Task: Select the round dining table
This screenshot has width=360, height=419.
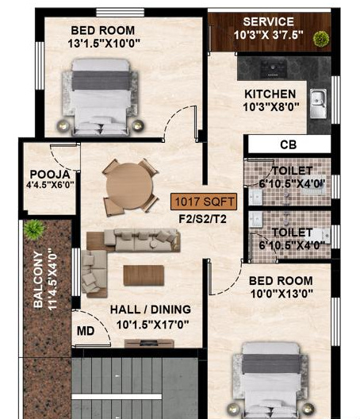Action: pos(129,185)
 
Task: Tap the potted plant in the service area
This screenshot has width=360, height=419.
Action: pos(320,38)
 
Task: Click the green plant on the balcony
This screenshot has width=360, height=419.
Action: pos(33,229)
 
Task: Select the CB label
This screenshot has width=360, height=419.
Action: pos(288,145)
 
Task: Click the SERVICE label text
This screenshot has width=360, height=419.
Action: pos(268,21)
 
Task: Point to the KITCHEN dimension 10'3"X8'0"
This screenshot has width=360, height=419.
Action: pos(270,106)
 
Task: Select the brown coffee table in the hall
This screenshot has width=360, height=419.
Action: pos(144,275)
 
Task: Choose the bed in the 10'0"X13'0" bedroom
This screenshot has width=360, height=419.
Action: pos(270,379)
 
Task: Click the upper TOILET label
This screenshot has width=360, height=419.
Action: pos(291,171)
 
